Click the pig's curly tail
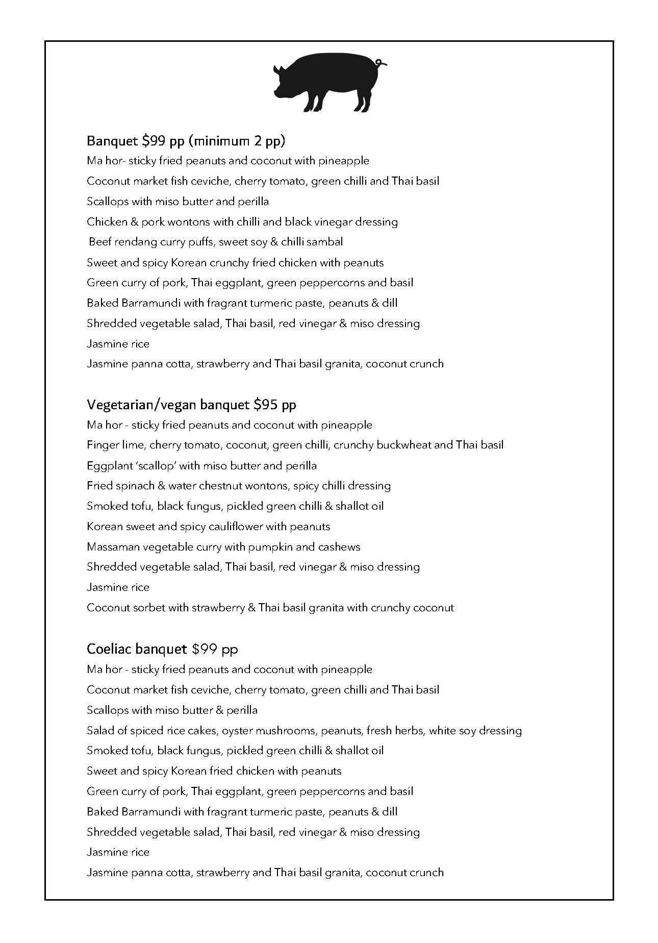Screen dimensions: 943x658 pos(382,63)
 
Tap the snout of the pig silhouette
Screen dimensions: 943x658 pos(276,92)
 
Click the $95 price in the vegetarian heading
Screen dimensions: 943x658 pos(266,405)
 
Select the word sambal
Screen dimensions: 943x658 pos(325,242)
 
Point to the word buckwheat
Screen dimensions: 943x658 pos(403,445)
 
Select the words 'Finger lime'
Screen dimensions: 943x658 pos(115,445)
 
